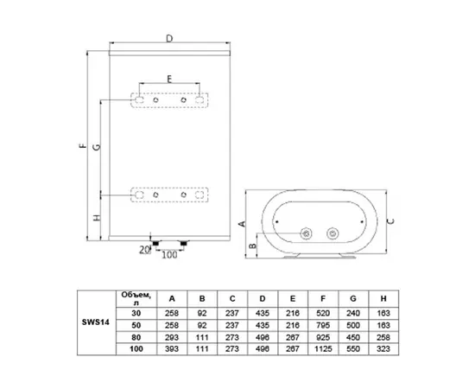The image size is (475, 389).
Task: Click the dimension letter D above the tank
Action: pyautogui.click(x=168, y=38)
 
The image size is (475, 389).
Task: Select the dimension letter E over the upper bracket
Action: pyautogui.click(x=169, y=79)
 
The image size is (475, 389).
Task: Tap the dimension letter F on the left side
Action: pyautogui.click(x=81, y=147)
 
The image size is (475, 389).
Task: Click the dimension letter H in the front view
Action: pyautogui.click(x=97, y=216)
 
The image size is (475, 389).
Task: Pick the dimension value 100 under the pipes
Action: pyautogui.click(x=170, y=254)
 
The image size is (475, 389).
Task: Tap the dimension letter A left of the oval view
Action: pyautogui.click(x=243, y=222)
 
